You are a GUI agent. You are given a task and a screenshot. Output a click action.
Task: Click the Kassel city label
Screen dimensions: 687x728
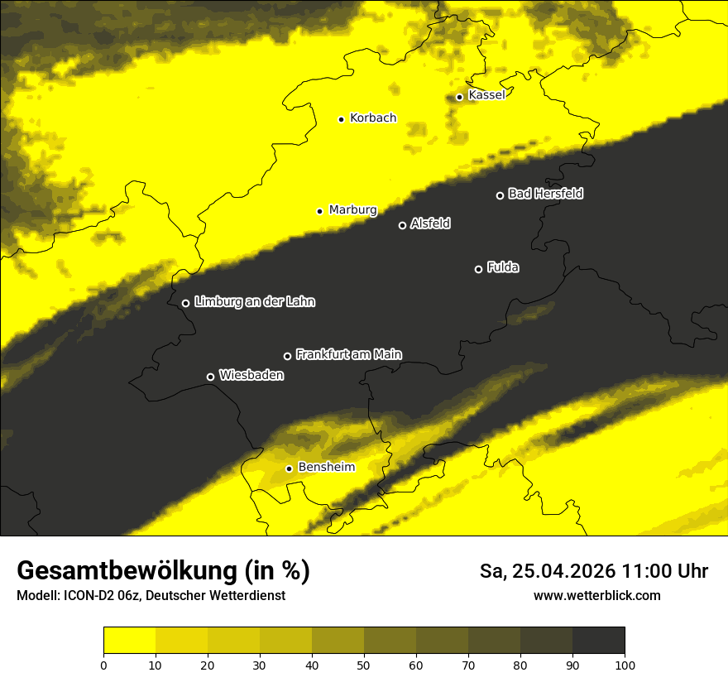pyautogui.click(x=486, y=95)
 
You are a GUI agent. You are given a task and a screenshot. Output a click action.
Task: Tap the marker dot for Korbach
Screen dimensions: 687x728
pyautogui.click(x=341, y=119)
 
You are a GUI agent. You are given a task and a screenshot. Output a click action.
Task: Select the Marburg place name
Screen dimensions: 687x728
pyautogui.click(x=352, y=210)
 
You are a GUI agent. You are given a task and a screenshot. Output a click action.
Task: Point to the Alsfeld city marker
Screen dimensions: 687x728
pyautogui.click(x=403, y=225)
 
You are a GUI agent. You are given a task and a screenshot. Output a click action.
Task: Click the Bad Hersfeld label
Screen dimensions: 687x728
pyautogui.click(x=545, y=194)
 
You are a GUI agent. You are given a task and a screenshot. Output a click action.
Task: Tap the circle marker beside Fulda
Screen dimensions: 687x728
pyautogui.click(x=478, y=269)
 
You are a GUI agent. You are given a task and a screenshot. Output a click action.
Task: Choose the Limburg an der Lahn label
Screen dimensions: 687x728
pyautogui.click(x=254, y=302)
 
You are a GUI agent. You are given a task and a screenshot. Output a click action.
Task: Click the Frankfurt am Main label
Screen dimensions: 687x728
pyautogui.click(x=348, y=355)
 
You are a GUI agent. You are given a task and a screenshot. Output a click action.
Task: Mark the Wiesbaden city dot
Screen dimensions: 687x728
pyautogui.click(x=210, y=377)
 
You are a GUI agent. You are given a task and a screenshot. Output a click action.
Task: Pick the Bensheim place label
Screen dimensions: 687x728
pyautogui.click(x=326, y=467)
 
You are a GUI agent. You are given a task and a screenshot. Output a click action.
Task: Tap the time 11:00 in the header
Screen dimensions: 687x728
pyautogui.click(x=654, y=571)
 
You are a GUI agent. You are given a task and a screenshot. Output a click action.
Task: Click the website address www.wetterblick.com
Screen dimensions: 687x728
pyautogui.click(x=596, y=595)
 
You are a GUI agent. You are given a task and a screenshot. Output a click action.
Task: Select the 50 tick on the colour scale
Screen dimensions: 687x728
pyautogui.click(x=364, y=665)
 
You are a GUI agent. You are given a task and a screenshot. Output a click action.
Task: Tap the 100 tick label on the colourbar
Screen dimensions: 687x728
pyautogui.click(x=625, y=665)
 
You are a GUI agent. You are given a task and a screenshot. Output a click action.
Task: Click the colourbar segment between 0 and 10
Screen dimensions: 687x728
pyautogui.click(x=129, y=641)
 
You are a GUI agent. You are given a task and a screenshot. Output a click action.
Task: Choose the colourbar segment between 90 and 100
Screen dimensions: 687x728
pyautogui.click(x=598, y=641)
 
